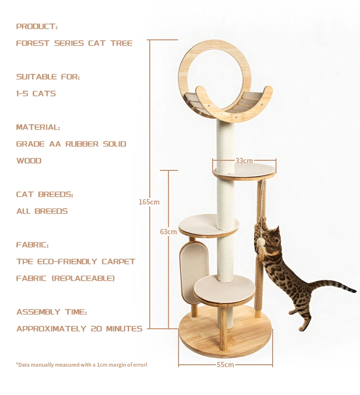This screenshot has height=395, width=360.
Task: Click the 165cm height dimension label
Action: coord(149,202)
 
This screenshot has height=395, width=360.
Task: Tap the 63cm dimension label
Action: coord(168,232)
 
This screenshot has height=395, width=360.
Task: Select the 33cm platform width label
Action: coord(244,161)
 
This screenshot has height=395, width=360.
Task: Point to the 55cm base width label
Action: coord(225,365)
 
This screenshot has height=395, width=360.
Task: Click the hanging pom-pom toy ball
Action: coord(261,242)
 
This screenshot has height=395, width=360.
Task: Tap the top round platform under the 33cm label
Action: coord(244,172)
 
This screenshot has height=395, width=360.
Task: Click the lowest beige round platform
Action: coord(225,290)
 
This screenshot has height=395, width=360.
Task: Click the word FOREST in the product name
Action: coord(33,43)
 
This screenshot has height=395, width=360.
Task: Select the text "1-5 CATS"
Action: coord(36,94)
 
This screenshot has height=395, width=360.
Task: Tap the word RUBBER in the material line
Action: coord(82,144)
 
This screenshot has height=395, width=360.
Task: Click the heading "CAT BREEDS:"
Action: coord(45,194)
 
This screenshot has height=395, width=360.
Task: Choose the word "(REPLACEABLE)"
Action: coord(83,278)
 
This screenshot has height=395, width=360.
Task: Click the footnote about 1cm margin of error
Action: coord(82,365)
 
